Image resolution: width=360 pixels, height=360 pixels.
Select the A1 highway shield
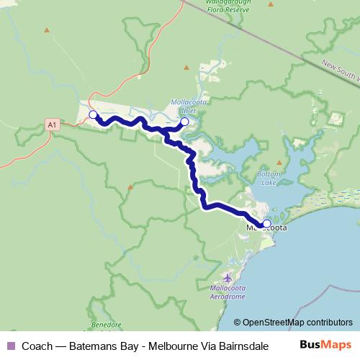pyautogui.click(x=51, y=125)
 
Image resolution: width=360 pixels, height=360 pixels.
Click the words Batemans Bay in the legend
pyautogui.click(x=101, y=346)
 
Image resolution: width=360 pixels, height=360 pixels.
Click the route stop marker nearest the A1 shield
pyautogui.click(x=92, y=114)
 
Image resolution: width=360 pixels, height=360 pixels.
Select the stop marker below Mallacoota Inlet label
pyautogui.click(x=184, y=122)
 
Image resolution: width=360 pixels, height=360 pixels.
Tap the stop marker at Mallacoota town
pyautogui.click(x=266, y=224)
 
